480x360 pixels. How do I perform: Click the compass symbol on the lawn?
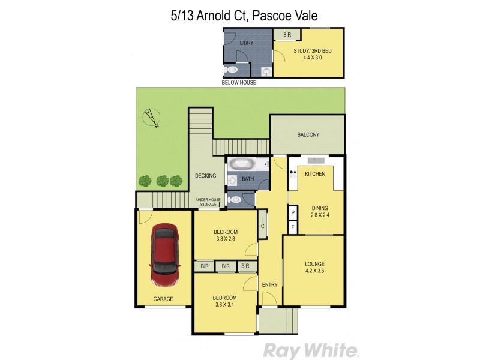[x=152, y=118]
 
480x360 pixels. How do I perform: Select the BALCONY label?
[x=308, y=135]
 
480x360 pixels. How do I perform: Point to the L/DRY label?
[x=246, y=43]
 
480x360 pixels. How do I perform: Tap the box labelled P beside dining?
[x=292, y=213]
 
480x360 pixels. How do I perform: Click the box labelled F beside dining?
[x=292, y=227]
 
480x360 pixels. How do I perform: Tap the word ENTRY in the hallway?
[x=269, y=284]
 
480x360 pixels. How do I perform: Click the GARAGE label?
[x=163, y=299]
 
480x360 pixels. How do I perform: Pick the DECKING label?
[x=205, y=176]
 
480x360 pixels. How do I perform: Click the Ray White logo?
[x=311, y=350]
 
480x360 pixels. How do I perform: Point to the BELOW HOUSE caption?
[x=239, y=83]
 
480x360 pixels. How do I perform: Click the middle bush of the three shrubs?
[x=162, y=180]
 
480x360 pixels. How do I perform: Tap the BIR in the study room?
[x=287, y=35]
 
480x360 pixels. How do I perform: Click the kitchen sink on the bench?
[x=316, y=160]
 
